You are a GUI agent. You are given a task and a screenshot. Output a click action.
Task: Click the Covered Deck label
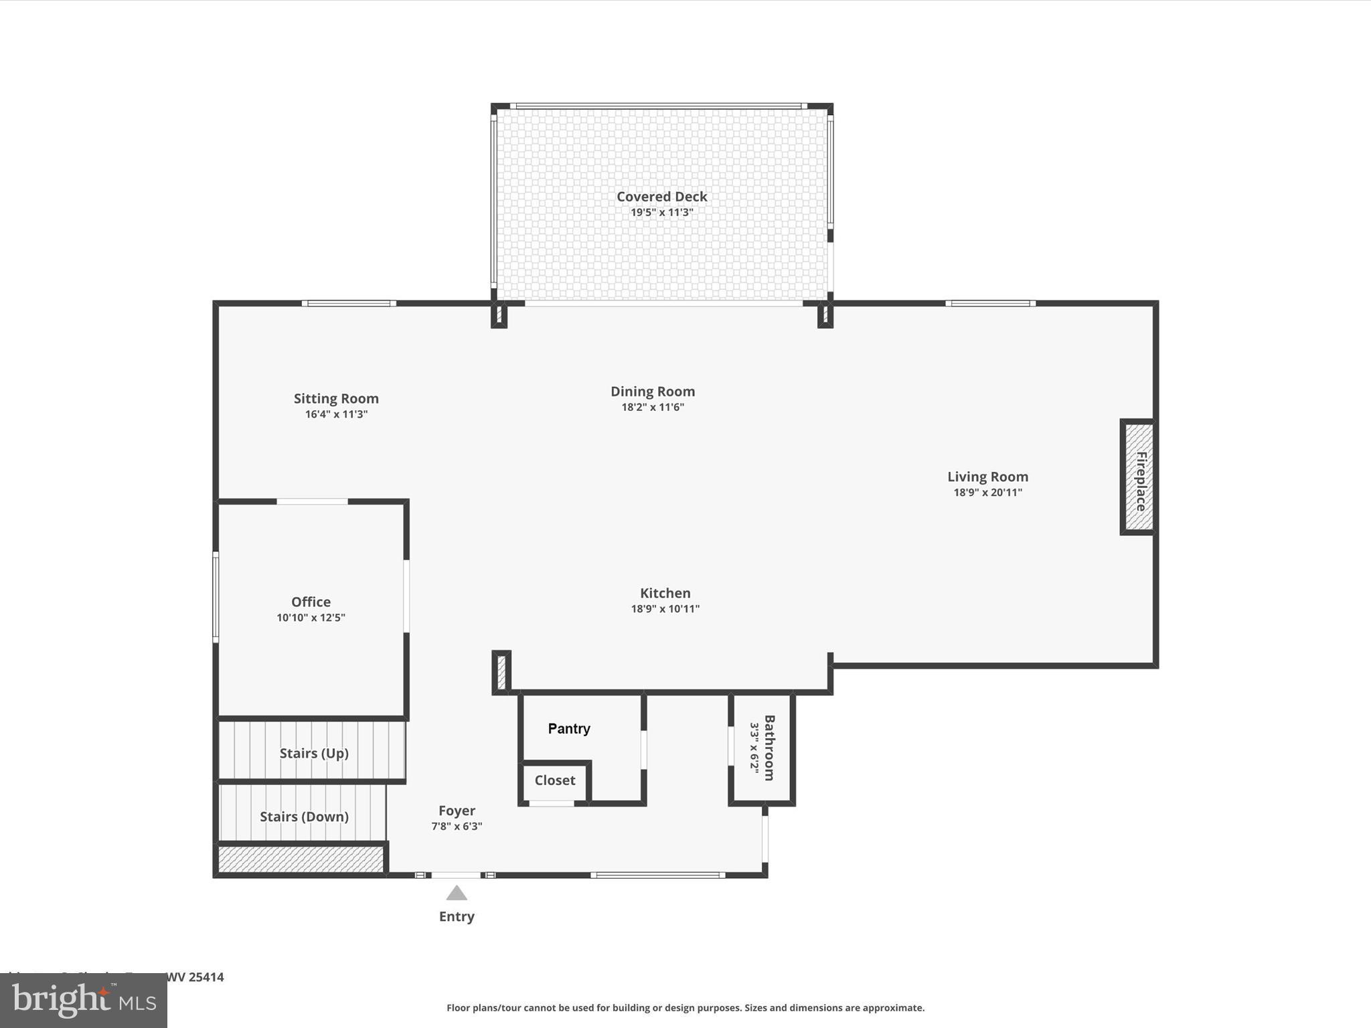click(x=661, y=196)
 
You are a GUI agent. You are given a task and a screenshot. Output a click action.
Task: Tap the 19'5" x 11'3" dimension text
click(x=661, y=213)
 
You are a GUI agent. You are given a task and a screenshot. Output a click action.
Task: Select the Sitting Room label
click(x=336, y=398)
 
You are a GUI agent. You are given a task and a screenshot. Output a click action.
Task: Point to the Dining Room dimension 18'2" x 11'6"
click(x=653, y=407)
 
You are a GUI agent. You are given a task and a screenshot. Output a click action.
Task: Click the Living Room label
click(x=987, y=477)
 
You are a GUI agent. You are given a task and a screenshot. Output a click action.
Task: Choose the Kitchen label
click(x=665, y=593)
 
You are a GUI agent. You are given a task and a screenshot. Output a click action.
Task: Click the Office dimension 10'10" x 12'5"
click(x=311, y=618)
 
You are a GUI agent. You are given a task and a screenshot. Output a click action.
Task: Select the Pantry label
click(x=569, y=729)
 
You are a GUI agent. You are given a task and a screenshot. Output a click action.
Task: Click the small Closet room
click(x=554, y=780)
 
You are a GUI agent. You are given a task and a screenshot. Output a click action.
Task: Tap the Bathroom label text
click(x=769, y=748)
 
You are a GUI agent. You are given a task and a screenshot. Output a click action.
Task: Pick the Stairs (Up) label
click(x=314, y=754)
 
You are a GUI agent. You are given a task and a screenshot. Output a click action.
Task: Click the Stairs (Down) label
click(x=304, y=817)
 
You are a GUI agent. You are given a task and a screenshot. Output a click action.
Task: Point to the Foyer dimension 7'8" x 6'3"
click(x=457, y=827)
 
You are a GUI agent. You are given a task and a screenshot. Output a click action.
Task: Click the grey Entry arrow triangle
click(x=457, y=893)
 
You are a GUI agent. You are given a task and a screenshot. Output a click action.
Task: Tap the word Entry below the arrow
click(x=457, y=916)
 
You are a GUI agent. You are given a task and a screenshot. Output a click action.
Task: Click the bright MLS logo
click(x=84, y=1001)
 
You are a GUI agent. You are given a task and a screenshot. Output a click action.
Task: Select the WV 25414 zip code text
click(x=195, y=976)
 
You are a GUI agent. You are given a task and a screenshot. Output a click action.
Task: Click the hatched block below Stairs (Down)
click(x=300, y=859)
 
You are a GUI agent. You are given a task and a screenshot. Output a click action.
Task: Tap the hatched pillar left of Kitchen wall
click(x=501, y=672)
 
